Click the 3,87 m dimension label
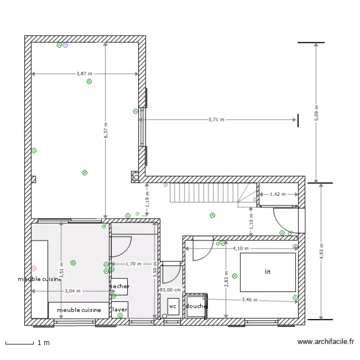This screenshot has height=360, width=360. pyautogui.click(x=84, y=73)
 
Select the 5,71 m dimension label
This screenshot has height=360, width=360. pyautogui.click(x=216, y=120)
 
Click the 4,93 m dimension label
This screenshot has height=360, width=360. pyautogui.click(x=322, y=251)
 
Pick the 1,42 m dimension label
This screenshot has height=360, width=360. pyautogui.click(x=277, y=194)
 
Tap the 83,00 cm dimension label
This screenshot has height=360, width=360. pyautogui.click(x=170, y=290)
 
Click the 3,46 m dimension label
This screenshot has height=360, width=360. pyautogui.click(x=249, y=300)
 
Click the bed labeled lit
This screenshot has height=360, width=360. pyautogui.click(x=268, y=272)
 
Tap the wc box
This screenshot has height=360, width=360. pyautogui.click(x=173, y=306)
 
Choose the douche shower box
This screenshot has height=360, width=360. pyautogui.click(x=196, y=306)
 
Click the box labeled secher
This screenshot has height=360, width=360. pyautogui.click(x=120, y=287)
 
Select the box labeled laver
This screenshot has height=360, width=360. pyautogui.click(x=120, y=310)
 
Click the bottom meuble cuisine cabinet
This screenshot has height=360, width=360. pyautogui.click(x=79, y=310)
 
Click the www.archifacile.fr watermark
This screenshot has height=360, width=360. pyautogui.click(x=325, y=342)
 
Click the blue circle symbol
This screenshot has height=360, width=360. pyautogui.click(x=65, y=45)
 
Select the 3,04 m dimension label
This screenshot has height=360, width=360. pyautogui.click(x=72, y=291)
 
